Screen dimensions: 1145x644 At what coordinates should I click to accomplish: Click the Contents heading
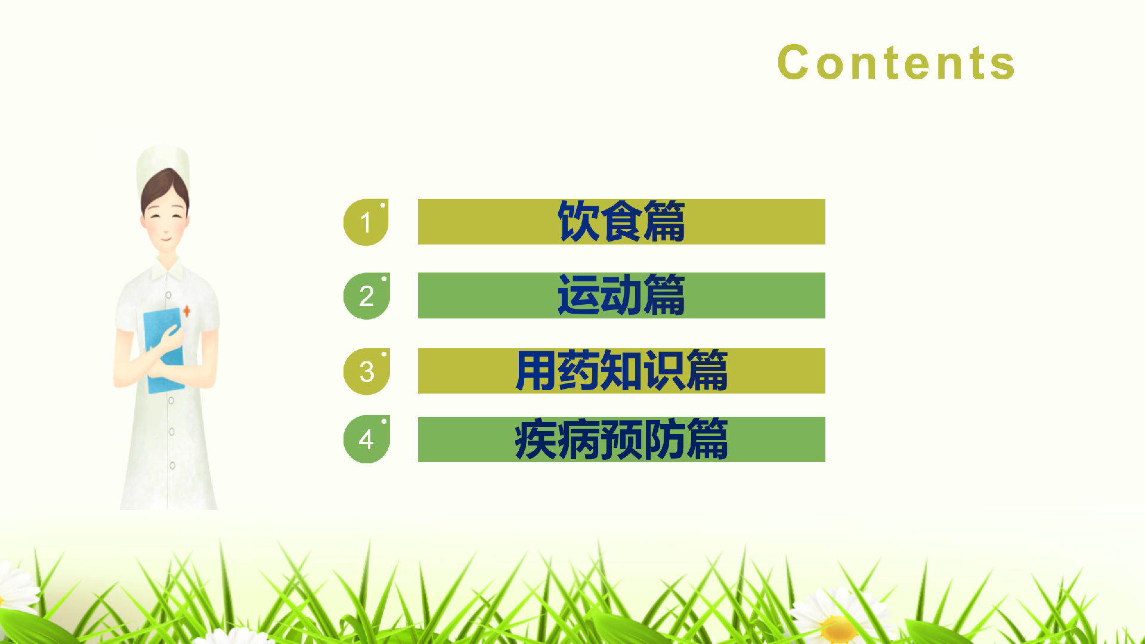(896, 62)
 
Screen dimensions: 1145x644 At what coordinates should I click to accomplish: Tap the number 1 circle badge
(366, 222)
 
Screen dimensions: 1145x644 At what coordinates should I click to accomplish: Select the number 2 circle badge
(366, 296)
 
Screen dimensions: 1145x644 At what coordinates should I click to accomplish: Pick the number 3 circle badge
(366, 371)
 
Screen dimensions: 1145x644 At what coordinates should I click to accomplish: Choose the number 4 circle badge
(366, 439)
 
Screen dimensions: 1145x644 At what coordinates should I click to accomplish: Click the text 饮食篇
(621, 222)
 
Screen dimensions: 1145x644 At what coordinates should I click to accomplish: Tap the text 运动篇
(621, 295)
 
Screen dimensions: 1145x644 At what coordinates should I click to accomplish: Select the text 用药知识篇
(621, 371)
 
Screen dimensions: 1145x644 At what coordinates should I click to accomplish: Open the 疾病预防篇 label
(621, 439)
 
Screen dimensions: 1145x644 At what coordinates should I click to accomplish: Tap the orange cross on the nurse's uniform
(187, 311)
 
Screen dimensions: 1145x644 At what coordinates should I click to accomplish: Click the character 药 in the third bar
(578, 371)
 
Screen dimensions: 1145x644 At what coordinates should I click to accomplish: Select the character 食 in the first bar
(621, 222)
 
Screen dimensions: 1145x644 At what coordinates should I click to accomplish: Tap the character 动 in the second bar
(621, 295)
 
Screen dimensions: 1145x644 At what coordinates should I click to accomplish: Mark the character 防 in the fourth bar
(664, 439)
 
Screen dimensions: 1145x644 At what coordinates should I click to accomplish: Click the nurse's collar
(167, 268)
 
